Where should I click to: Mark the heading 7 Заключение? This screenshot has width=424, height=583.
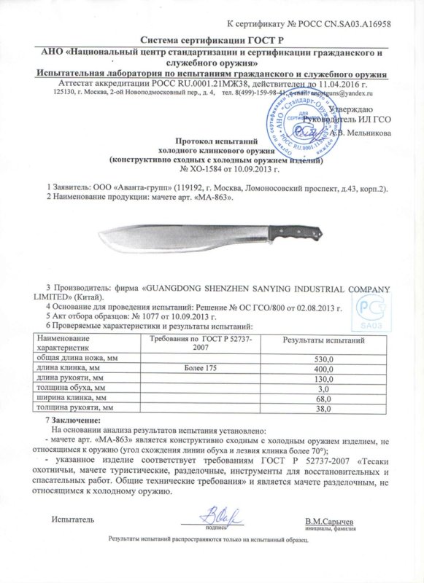[71, 422]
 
